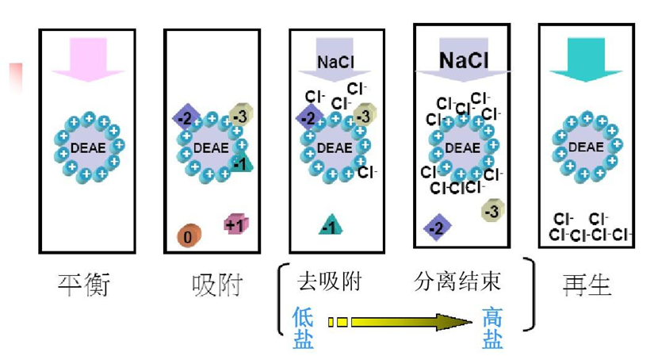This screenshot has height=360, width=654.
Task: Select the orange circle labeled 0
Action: pyautogui.click(x=189, y=235)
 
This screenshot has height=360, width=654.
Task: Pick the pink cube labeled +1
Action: pyautogui.click(x=235, y=224)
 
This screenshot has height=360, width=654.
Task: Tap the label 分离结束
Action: pyautogui.click(x=458, y=281)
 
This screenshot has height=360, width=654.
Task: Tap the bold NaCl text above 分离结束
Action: pyautogui.click(x=463, y=60)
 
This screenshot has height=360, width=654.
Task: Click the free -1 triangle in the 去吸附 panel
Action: pyautogui.click(x=331, y=226)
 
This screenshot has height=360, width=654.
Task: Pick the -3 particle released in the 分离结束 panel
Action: pyautogui.click(x=491, y=210)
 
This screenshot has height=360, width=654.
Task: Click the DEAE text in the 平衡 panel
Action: pyautogui.click(x=88, y=147)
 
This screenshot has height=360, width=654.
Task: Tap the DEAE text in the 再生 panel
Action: pyautogui.click(x=586, y=147)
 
